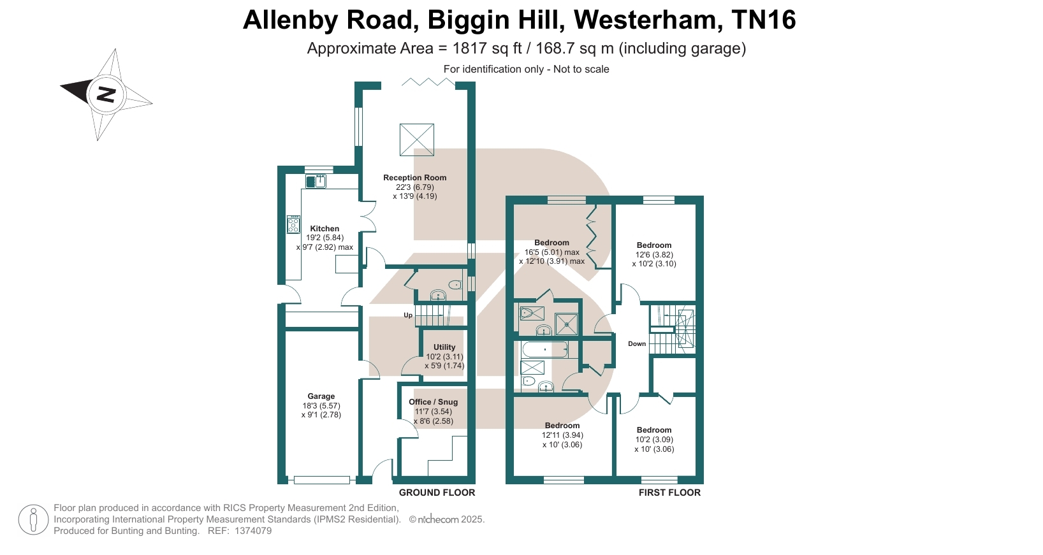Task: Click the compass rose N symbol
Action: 106,94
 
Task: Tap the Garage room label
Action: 321,396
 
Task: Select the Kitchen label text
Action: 325,229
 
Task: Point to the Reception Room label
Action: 414,178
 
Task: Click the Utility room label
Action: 444,347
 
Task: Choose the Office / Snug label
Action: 433,402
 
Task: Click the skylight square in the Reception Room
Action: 417,140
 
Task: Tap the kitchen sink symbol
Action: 316,182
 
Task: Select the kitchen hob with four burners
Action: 293,224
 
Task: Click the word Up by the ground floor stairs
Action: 408,315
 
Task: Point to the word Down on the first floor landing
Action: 637,344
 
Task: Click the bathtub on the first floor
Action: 544,350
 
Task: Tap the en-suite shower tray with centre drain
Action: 566,324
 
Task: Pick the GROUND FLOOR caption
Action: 437,493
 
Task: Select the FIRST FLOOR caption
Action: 669,493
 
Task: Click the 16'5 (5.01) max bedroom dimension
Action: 551,252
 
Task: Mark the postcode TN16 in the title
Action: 764,20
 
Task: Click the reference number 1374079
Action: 253,531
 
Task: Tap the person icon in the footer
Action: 33,519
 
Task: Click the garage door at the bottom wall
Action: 321,480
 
